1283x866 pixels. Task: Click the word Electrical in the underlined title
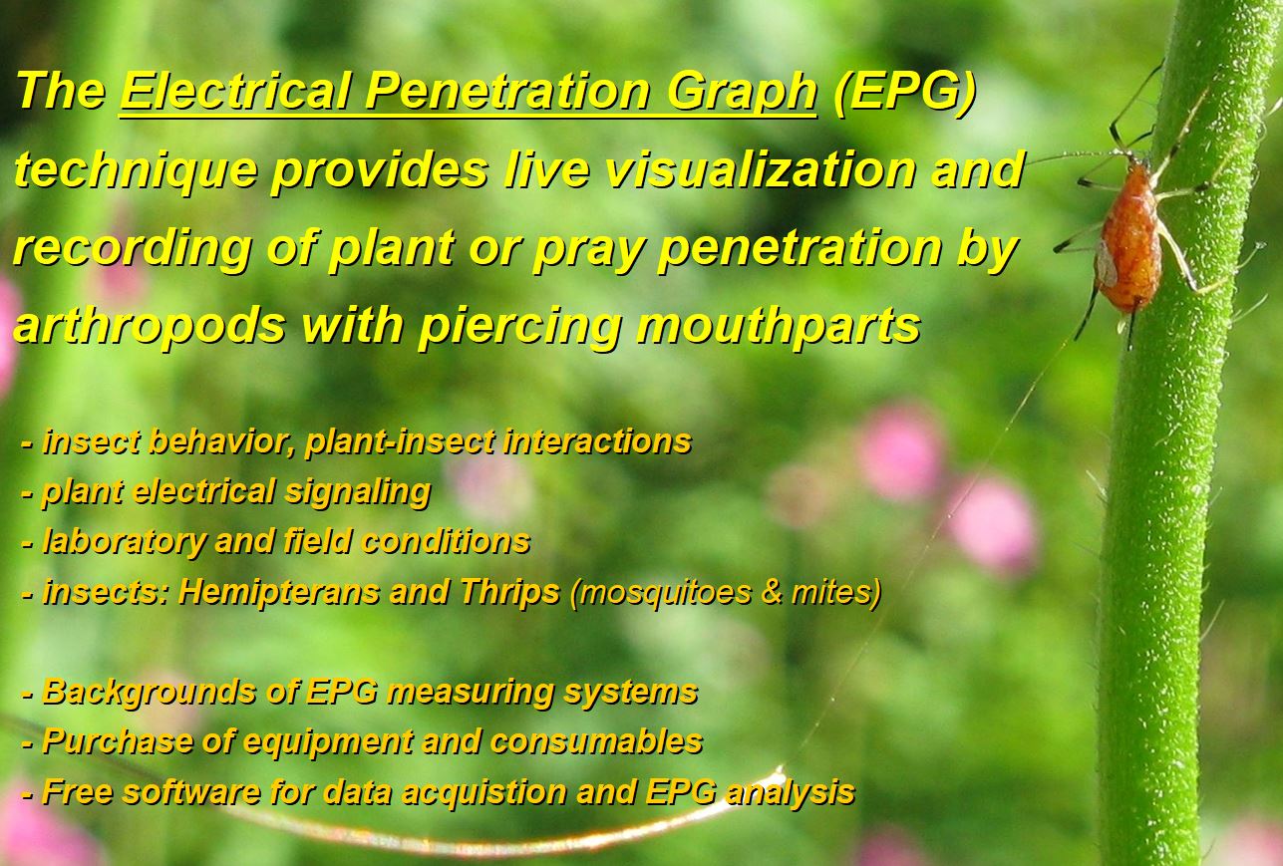[235, 91]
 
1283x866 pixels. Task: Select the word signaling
[358, 492]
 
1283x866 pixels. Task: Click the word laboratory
[124, 541]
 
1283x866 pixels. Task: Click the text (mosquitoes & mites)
[725, 592]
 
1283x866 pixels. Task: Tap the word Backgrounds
[149, 692]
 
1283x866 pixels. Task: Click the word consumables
[596, 741]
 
